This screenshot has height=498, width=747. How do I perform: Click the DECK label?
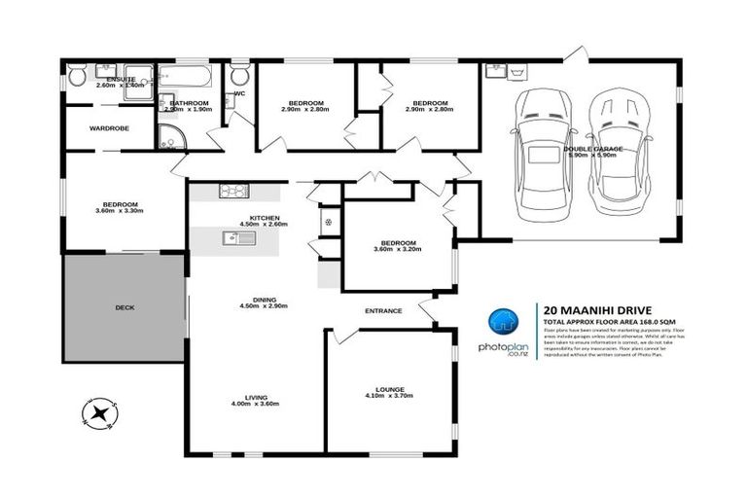pos(124,307)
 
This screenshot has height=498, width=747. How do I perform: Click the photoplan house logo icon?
pos(502,325)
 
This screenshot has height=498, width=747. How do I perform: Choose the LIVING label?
pos(256,397)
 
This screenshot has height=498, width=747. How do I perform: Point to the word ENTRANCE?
pos(383,310)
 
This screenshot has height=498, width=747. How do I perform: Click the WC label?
pos(239,94)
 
